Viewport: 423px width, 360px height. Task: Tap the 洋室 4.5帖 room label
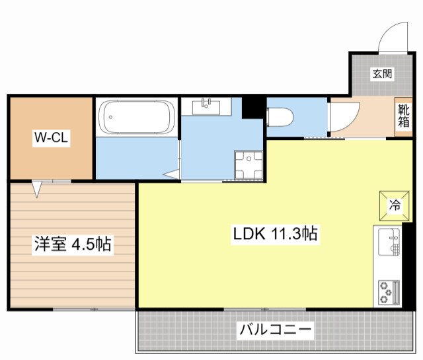coord(73,244)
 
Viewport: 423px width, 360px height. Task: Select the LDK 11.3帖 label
coord(276,233)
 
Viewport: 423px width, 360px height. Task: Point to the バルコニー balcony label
coord(276,328)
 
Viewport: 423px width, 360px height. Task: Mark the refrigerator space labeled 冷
coord(393,205)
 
